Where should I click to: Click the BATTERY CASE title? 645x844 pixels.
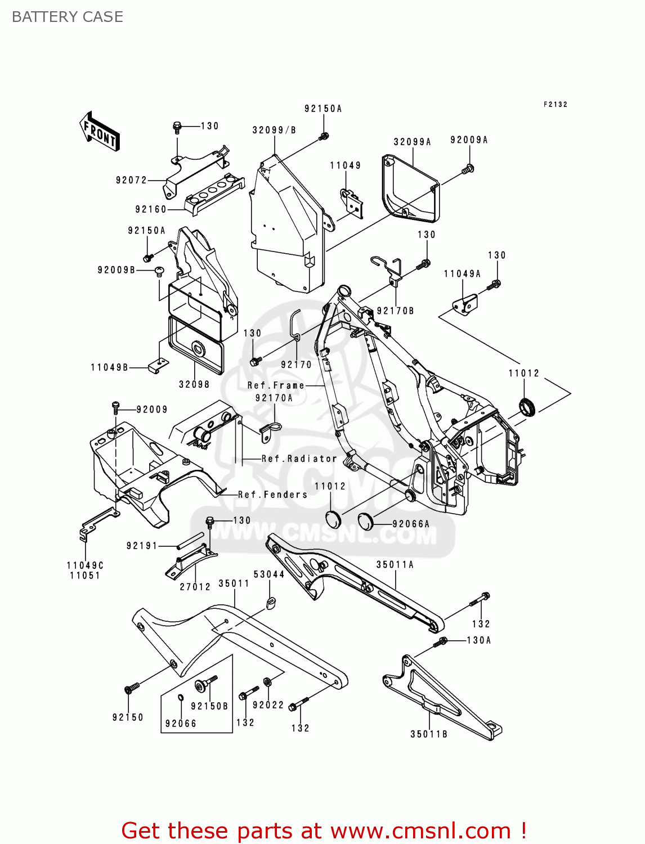tap(68, 17)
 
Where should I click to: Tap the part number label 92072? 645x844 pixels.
tap(131, 180)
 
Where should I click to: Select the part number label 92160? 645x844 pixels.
tap(151, 209)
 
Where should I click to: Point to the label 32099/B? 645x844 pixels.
tap(274, 130)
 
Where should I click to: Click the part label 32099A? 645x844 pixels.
tap(412, 142)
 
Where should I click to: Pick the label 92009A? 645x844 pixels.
tap(469, 140)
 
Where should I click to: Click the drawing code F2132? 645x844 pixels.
tap(555, 104)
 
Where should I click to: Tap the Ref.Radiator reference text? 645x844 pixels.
tap(299, 459)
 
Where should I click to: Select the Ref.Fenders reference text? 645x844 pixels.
tap(273, 495)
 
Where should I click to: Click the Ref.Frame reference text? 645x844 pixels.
tap(276, 385)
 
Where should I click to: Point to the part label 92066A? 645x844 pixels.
tap(411, 524)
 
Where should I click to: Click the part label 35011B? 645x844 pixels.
tap(429, 734)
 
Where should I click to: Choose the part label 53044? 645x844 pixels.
tap(269, 574)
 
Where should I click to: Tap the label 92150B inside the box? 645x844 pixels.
tap(209, 706)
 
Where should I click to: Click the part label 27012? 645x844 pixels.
tap(195, 586)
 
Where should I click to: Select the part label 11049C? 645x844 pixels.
tap(85, 565)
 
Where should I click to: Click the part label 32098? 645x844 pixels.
tap(194, 384)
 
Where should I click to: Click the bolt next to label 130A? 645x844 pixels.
tap(441, 641)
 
